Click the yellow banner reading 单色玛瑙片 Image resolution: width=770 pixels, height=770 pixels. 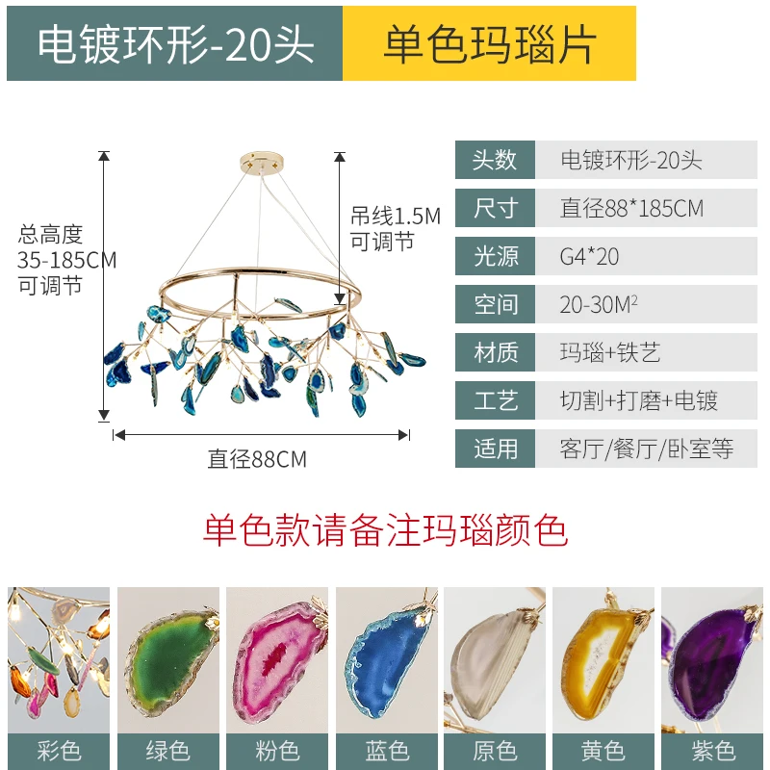[489, 43]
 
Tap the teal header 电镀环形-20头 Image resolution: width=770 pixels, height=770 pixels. [175, 43]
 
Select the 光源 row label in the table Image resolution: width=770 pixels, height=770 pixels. [495, 256]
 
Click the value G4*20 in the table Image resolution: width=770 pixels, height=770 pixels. [589, 256]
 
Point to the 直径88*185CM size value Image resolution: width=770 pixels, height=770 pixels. [631, 208]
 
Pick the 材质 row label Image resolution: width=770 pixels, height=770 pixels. [495, 352]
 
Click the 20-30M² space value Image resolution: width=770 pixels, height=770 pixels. [599, 304]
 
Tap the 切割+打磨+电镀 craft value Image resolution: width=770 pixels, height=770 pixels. [638, 400]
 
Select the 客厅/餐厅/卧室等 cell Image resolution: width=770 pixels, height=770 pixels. [646, 449]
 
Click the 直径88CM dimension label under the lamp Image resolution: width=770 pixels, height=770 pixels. [257, 460]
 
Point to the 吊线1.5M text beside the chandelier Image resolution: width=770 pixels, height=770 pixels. [396, 216]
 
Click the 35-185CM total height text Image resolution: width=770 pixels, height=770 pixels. [66, 260]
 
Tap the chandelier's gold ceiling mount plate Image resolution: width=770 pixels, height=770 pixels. [262, 162]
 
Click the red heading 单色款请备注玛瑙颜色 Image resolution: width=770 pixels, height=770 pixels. [386, 531]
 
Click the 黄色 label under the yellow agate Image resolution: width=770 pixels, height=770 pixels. [603, 752]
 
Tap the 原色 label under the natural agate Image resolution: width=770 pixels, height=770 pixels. [495, 752]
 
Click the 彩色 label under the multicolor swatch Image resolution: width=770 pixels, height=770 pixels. [59, 752]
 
